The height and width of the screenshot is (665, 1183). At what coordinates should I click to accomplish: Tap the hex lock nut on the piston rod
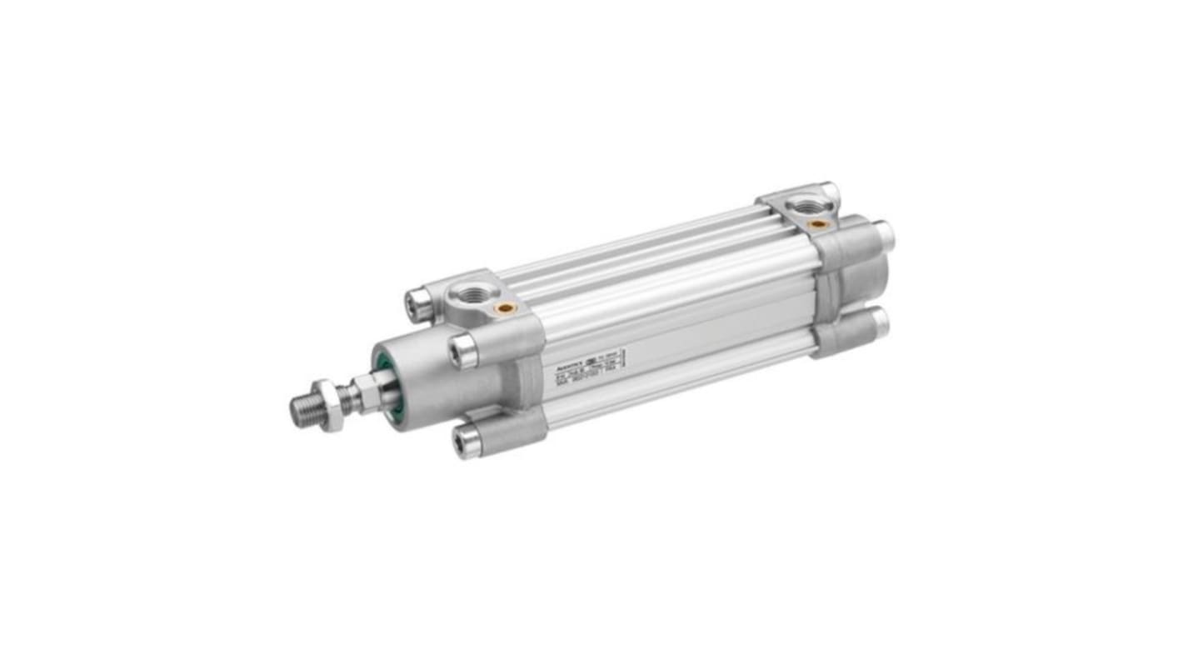[332, 405]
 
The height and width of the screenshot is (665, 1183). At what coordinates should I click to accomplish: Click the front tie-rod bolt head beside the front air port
[419, 305]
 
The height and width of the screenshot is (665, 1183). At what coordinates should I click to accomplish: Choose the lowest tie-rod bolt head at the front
[468, 439]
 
